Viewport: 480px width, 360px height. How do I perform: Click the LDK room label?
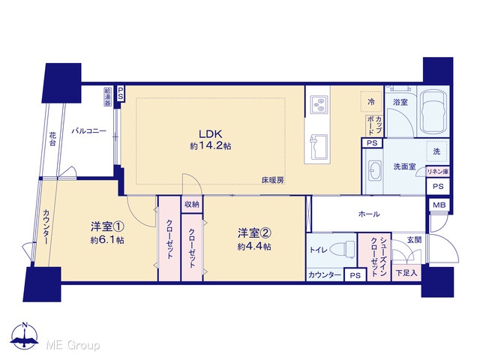point(211,134)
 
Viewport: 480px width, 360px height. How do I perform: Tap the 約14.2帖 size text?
point(211,146)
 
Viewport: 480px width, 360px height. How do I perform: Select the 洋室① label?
point(107,226)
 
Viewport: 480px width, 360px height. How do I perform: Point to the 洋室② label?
point(254,233)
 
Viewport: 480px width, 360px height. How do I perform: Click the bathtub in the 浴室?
point(433,112)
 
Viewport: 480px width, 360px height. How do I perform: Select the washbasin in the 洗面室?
point(375,170)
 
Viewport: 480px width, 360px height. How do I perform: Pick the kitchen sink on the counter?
point(319,147)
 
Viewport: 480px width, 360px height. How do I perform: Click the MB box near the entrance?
point(439,205)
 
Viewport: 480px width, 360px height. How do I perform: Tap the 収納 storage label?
point(192,205)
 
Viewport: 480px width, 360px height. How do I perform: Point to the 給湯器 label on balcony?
point(108,97)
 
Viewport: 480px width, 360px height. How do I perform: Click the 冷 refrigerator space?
point(371,102)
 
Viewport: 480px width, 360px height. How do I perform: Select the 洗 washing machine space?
point(436,151)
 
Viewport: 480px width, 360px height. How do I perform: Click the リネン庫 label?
point(438,172)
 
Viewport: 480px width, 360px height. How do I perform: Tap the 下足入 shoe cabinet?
point(406,273)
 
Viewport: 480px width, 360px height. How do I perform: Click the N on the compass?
point(25,325)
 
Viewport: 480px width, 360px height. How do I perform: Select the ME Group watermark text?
point(73,345)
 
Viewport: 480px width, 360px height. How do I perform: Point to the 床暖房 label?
point(272,180)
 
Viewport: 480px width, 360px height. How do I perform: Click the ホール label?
point(369,214)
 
